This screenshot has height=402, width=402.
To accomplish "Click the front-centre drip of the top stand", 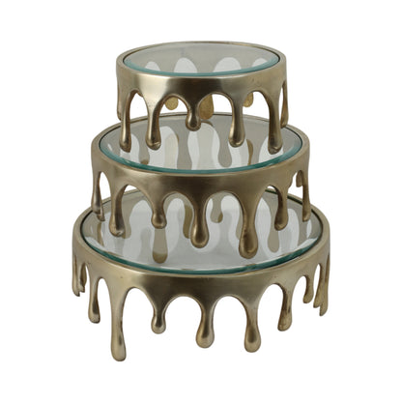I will pos(195,114).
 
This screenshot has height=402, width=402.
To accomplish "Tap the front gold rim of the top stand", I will pos(203,85).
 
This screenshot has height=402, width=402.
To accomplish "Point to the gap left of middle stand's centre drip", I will pos(180,208).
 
